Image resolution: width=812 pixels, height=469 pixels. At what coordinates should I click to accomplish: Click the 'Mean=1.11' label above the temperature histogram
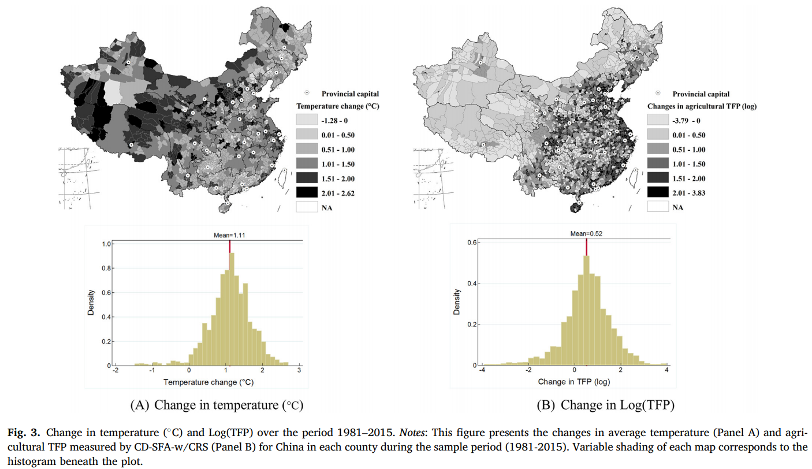click(x=230, y=234)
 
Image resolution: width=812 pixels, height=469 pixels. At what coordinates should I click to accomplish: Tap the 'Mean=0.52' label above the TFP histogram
click(x=586, y=233)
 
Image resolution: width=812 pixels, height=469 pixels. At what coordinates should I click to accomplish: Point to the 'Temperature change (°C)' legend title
click(x=337, y=106)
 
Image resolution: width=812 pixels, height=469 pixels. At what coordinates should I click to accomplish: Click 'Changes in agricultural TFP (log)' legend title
click(x=702, y=106)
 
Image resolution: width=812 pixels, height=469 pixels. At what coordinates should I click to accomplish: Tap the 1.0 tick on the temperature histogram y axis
click(x=105, y=244)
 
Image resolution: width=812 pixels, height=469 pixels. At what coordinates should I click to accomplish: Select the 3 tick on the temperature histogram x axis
click(x=299, y=371)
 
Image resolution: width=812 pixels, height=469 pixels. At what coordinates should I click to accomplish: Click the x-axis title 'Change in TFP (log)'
click(x=573, y=382)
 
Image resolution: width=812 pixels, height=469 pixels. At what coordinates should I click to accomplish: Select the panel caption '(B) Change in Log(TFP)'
click(x=605, y=405)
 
